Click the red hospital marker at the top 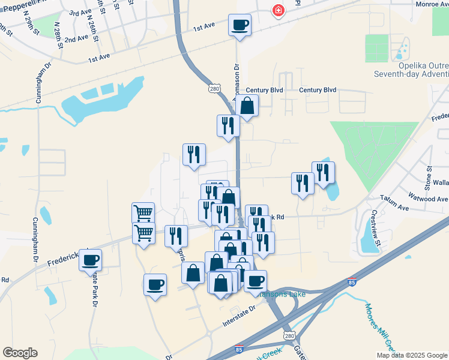pos(278,10)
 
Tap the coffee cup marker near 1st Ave pos(240,25)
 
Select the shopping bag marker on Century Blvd pos(247,106)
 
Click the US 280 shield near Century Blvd pos(215,88)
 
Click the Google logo pos(20,352)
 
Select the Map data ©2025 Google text pos(411,355)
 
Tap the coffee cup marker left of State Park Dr pos(90,260)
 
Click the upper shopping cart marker pos(143,212)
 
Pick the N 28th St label pos(58,37)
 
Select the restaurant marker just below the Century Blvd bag pos(228,125)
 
